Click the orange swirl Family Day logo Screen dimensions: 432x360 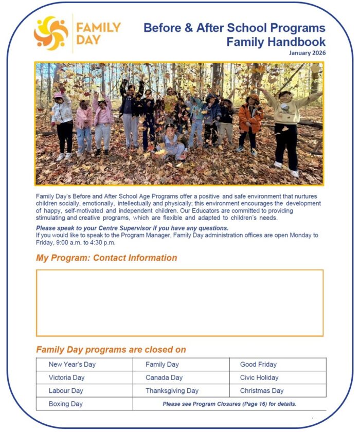coord(50,33)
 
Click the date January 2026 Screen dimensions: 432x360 coord(307,52)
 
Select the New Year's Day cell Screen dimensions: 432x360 coord(72,365)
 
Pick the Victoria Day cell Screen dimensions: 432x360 coord(66,377)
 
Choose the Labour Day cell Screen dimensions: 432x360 coord(66,391)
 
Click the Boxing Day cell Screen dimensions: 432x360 coord(65,404)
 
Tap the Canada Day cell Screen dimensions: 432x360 coord(164,377)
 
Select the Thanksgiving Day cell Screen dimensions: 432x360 coord(172,391)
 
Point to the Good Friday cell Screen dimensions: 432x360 coord(258,365)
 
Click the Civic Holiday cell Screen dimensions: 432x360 coord(259,377)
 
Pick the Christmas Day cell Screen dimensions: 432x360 coord(261,391)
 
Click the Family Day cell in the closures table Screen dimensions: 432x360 coord(162,365)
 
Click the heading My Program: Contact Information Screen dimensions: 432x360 coord(106,258)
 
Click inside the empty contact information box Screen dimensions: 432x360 coord(179,302)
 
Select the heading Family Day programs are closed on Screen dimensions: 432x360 coord(111,350)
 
